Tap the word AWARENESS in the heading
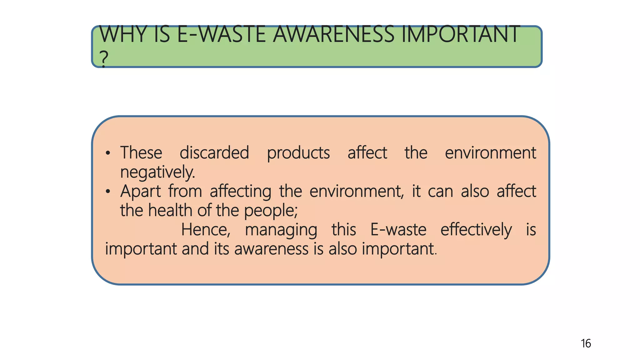334,34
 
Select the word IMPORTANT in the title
461,34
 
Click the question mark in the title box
104,58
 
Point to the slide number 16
586,343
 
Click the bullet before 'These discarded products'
108,153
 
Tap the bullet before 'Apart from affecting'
108,191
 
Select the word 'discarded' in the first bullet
214,153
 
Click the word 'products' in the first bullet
298,153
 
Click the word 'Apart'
140,192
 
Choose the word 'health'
170,210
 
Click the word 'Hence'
206,230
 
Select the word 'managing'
281,230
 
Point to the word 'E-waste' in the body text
398,230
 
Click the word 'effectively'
476,230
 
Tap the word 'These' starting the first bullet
141,153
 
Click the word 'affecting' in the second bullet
240,192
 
